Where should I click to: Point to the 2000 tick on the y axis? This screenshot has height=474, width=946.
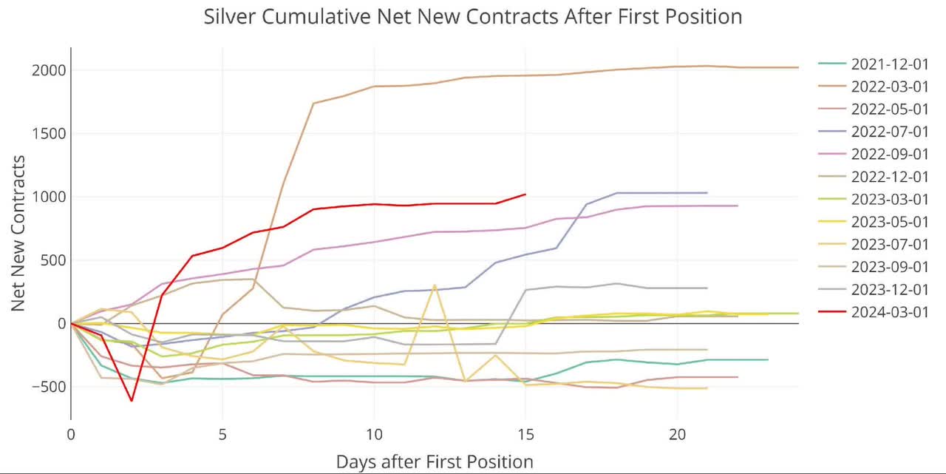48,70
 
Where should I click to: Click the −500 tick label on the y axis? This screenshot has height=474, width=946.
45,387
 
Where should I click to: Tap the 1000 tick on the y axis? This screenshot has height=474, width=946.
48,197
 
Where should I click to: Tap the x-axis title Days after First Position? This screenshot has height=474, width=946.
435,462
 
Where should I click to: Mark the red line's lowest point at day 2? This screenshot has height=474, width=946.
132,401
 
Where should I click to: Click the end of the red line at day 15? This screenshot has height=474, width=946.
525,194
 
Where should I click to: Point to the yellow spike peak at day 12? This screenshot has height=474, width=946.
435,285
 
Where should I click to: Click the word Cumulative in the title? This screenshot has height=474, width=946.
314,16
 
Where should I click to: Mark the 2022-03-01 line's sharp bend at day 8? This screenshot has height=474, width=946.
313,104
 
